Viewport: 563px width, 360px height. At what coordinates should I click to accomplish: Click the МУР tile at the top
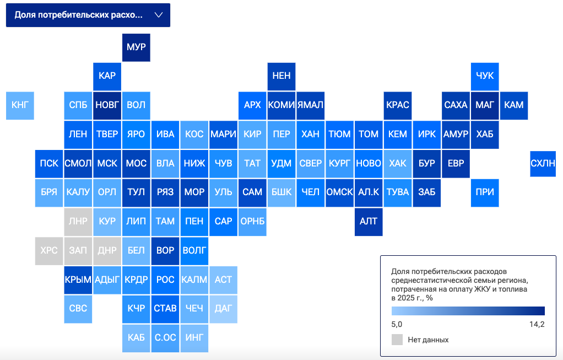(136, 47)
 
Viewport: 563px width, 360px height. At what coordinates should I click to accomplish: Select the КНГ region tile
(20, 106)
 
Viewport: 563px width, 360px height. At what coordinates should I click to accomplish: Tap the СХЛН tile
(543, 164)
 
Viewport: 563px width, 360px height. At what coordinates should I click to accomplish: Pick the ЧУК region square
(485, 77)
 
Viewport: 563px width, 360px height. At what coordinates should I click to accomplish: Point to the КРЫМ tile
(78, 280)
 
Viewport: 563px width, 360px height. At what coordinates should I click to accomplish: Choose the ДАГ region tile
(223, 309)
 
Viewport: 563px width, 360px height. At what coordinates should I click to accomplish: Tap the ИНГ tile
(194, 338)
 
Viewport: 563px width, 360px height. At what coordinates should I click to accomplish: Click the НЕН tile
(281, 77)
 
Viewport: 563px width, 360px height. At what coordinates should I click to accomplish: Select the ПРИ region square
(485, 193)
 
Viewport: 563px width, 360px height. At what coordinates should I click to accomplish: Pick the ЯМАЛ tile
(311, 106)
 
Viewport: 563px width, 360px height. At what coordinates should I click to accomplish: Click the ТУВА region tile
(398, 193)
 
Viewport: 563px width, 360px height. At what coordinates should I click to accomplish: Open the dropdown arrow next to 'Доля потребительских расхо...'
(159, 15)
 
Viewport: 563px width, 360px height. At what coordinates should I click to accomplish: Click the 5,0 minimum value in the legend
(397, 324)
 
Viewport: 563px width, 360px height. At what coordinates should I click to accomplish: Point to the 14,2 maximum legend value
(537, 324)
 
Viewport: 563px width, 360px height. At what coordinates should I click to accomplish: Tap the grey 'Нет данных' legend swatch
(397, 340)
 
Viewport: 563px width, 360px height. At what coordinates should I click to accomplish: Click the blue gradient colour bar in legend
(468, 311)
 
